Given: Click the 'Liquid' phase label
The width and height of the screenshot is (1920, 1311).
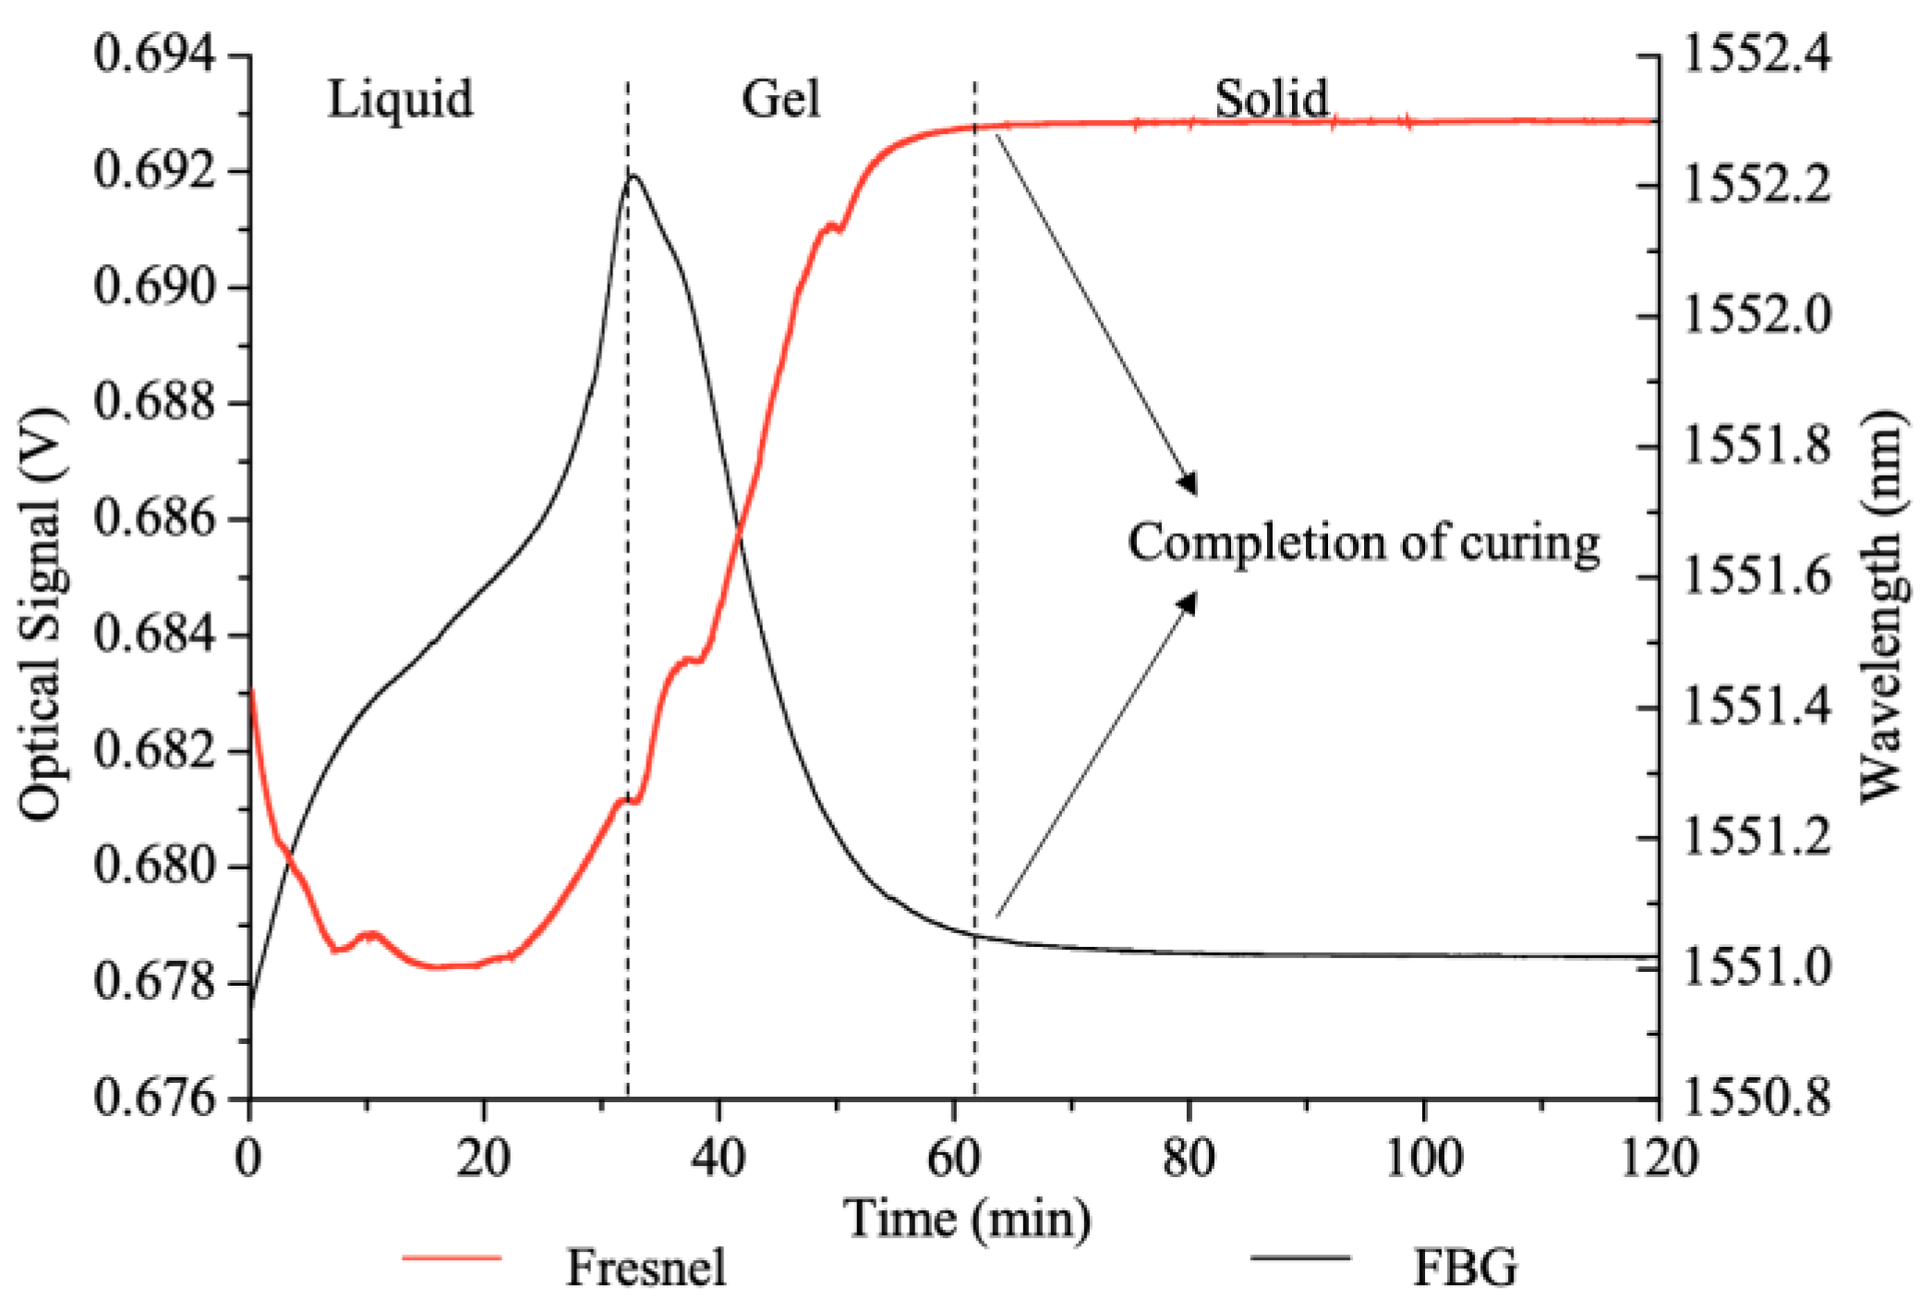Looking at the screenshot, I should click(400, 99).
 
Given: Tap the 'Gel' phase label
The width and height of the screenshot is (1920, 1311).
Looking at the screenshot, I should click(780, 99).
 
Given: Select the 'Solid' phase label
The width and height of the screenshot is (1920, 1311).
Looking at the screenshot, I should click(1271, 99).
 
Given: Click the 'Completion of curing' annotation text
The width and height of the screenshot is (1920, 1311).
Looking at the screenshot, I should click(1363, 542).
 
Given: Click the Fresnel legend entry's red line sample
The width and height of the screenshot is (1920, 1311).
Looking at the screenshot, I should click(452, 1258).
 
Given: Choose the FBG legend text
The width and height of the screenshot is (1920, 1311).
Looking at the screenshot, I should click(1465, 1267).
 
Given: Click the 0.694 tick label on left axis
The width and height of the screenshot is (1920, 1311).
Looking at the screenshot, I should click(154, 55).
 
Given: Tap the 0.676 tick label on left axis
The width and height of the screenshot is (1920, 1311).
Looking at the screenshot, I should click(154, 1099).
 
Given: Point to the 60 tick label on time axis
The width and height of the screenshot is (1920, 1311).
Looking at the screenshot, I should click(954, 1157).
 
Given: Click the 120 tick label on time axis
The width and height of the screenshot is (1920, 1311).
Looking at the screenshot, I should click(1659, 1157).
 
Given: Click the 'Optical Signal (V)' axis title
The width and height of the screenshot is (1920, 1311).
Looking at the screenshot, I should click(42, 613).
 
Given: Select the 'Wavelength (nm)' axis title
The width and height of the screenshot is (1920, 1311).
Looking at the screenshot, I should click(1880, 606).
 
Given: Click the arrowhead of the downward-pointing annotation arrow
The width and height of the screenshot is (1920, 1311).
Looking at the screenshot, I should click(1190, 486).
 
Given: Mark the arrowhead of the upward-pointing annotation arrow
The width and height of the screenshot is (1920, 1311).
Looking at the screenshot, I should click(1189, 601).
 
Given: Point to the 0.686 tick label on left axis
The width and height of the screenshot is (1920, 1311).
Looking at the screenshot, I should click(154, 518).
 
